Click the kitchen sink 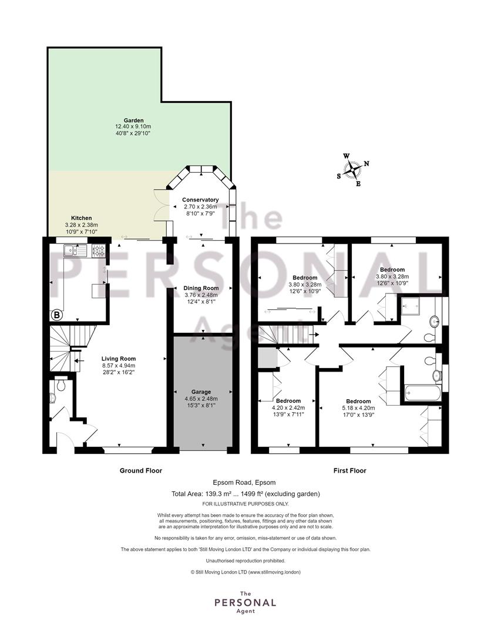click(75, 251)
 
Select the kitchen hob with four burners click(99, 251)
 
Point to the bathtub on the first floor click(422, 393)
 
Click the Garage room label click(201, 392)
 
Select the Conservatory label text click(200, 200)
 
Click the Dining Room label click(201, 288)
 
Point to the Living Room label click(119, 359)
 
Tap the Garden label click(133, 120)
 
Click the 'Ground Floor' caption click(141, 471)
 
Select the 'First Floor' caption click(350, 471)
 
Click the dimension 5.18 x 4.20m click(358, 408)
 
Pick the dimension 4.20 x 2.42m click(288, 408)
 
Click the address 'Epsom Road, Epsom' click(244, 483)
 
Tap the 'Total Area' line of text click(246, 494)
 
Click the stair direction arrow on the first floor click(314, 335)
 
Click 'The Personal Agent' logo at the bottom click(246, 602)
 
